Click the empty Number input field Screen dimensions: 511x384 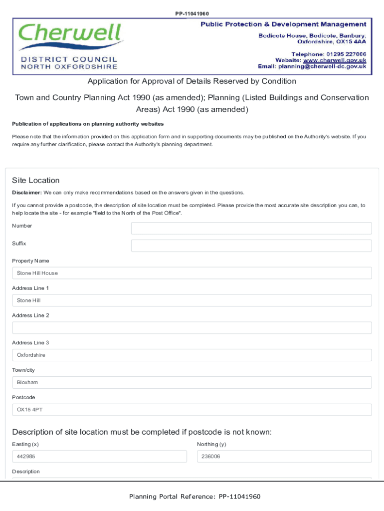[251, 228]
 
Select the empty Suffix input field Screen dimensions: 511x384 [251, 246]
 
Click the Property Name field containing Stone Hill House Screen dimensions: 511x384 [192, 273]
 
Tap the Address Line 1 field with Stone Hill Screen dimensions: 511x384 [192, 300]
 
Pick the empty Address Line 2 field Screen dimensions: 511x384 [192, 328]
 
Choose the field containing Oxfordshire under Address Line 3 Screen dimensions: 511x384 [192, 355]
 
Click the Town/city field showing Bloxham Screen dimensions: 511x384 [192, 382]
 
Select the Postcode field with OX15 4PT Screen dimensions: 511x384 [192, 410]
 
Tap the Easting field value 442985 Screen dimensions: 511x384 [99, 457]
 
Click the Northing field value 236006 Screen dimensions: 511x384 [284, 457]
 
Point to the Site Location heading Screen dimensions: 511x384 [35, 180]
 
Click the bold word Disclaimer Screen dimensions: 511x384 [26, 193]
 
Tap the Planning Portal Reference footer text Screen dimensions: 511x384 [194, 497]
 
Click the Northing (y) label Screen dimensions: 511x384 [211, 444]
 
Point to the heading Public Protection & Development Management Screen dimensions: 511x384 [283, 24]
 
